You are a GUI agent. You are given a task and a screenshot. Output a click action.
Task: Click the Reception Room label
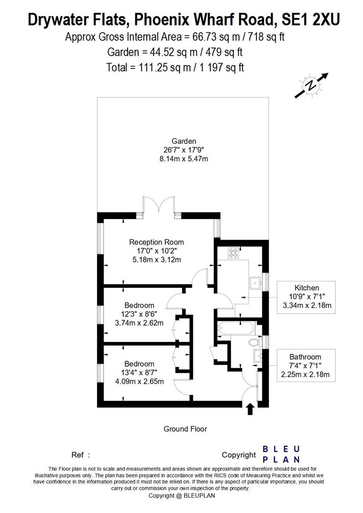point(156,242)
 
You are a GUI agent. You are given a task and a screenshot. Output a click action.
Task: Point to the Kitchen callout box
point(306,297)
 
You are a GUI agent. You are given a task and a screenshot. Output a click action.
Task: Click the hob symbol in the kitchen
point(234,253)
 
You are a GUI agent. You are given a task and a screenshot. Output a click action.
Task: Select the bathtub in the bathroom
point(236,328)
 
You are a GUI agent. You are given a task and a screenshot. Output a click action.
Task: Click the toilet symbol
point(254,342)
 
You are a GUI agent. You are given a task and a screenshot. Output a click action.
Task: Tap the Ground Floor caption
point(185,429)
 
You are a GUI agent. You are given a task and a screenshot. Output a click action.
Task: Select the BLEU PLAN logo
point(281,454)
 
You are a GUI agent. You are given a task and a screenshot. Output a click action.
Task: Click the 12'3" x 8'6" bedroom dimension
point(139,314)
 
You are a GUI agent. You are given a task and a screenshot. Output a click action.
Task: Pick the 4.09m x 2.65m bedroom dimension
point(139,381)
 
